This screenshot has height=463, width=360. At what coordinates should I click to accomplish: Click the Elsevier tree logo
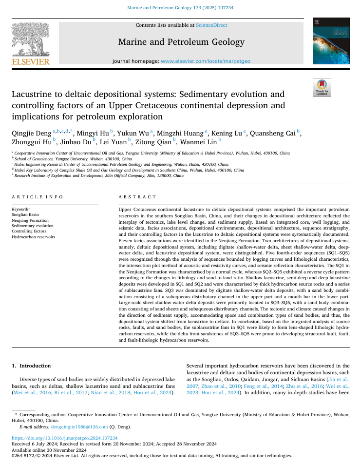click(30, 42)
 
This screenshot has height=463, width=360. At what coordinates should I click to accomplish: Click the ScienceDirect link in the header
click(211, 25)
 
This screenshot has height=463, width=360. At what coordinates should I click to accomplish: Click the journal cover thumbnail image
click(331, 43)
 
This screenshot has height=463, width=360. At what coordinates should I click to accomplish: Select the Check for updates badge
click(322, 88)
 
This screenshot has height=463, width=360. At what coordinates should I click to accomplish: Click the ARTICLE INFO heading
click(38, 197)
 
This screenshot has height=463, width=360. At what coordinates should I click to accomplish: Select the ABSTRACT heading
click(138, 197)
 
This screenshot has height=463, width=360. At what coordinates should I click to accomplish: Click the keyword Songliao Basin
click(25, 214)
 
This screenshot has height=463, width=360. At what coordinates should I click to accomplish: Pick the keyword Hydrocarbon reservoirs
click(33, 237)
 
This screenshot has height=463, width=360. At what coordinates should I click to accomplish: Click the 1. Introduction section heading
click(31, 366)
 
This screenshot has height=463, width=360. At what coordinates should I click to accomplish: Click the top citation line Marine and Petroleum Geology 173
click(180, 8)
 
